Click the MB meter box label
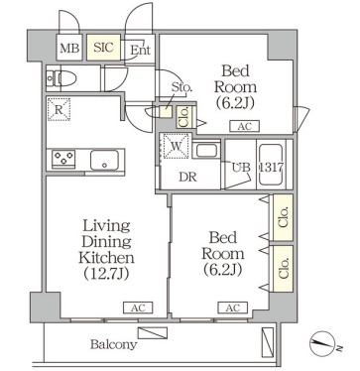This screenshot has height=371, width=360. coord(69,49)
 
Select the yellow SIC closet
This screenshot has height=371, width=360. coord(103,48)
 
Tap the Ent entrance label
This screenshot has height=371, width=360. coord(140,51)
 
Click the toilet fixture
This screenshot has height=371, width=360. coord(61,78)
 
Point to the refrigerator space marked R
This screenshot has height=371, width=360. coord(59,109)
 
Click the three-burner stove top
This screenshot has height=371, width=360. coord(63,158)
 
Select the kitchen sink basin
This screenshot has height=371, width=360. coord(104,160)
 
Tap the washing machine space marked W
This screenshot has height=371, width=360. coord(176,146)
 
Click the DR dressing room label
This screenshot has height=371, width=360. coord(187,178)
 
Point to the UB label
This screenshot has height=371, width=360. coord(241,168)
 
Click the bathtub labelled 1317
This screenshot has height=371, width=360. coord(271,165)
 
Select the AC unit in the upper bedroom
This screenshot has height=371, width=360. coord(245,126)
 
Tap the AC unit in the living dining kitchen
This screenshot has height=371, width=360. coord(138,308)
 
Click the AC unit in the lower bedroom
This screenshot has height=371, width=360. coord(233,308)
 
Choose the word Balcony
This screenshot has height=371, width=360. coord(113,345)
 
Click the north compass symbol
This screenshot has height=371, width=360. coord(321,344)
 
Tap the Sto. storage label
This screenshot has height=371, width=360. coord(181,87)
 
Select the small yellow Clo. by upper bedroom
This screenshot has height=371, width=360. coord(182,117)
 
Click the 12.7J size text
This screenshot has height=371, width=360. coord(106,274)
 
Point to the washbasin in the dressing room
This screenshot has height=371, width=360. coord(206,150)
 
